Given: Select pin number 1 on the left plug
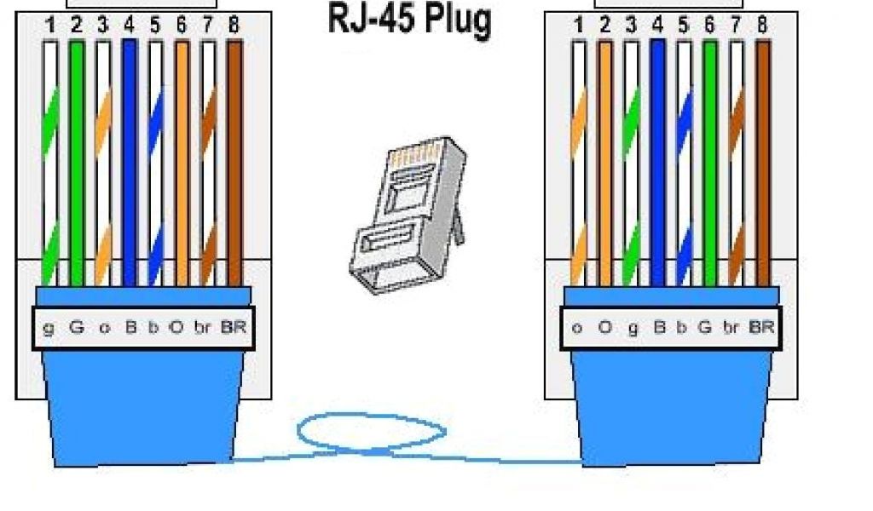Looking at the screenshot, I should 51,25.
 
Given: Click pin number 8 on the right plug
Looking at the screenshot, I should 761,26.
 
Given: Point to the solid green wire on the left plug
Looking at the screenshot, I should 77,162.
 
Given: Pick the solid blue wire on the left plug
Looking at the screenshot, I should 130,162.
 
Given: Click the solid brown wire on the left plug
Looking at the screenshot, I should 234,162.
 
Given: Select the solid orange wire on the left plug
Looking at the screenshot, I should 182,162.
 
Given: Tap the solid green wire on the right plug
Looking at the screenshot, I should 709,162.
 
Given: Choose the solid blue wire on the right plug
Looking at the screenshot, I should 657,162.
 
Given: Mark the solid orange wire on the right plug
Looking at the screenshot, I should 604,162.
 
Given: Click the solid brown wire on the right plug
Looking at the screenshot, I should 762,162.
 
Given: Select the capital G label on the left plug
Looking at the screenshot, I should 76,326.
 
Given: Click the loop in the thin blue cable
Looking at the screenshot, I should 371,431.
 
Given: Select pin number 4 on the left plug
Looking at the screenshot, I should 130,25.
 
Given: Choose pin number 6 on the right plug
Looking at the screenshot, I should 709,26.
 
